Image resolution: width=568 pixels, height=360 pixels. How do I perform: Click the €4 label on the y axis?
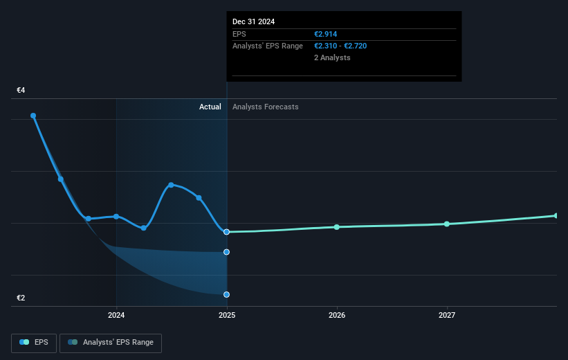(x=21, y=90)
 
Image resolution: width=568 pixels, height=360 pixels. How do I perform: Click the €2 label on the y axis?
(x=21, y=298)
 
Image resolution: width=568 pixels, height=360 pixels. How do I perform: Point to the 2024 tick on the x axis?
(x=116, y=316)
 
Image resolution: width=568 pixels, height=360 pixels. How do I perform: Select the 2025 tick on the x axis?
(x=226, y=316)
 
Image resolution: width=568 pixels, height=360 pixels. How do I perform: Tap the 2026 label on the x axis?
(x=337, y=316)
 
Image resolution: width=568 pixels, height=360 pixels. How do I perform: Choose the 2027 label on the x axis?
(x=447, y=316)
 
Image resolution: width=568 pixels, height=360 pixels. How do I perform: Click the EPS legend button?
(x=34, y=343)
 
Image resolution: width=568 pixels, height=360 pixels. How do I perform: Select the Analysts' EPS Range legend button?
(x=111, y=343)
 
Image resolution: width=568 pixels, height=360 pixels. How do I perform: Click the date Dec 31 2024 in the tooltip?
(x=253, y=21)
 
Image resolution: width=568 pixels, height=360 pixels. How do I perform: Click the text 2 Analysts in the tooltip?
(x=332, y=57)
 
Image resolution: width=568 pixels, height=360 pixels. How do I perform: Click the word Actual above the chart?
(x=210, y=107)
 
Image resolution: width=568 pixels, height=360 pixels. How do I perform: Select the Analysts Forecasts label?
(x=266, y=107)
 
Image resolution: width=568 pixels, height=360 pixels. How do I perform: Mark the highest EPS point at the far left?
(x=33, y=116)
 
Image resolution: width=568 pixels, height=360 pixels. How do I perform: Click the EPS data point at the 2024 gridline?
(x=116, y=216)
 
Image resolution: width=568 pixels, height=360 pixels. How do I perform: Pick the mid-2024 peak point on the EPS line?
(x=171, y=185)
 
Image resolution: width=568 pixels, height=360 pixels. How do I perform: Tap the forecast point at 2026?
(x=337, y=227)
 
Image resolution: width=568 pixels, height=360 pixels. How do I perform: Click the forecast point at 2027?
(x=447, y=224)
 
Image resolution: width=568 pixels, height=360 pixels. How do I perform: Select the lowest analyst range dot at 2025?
(x=226, y=294)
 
